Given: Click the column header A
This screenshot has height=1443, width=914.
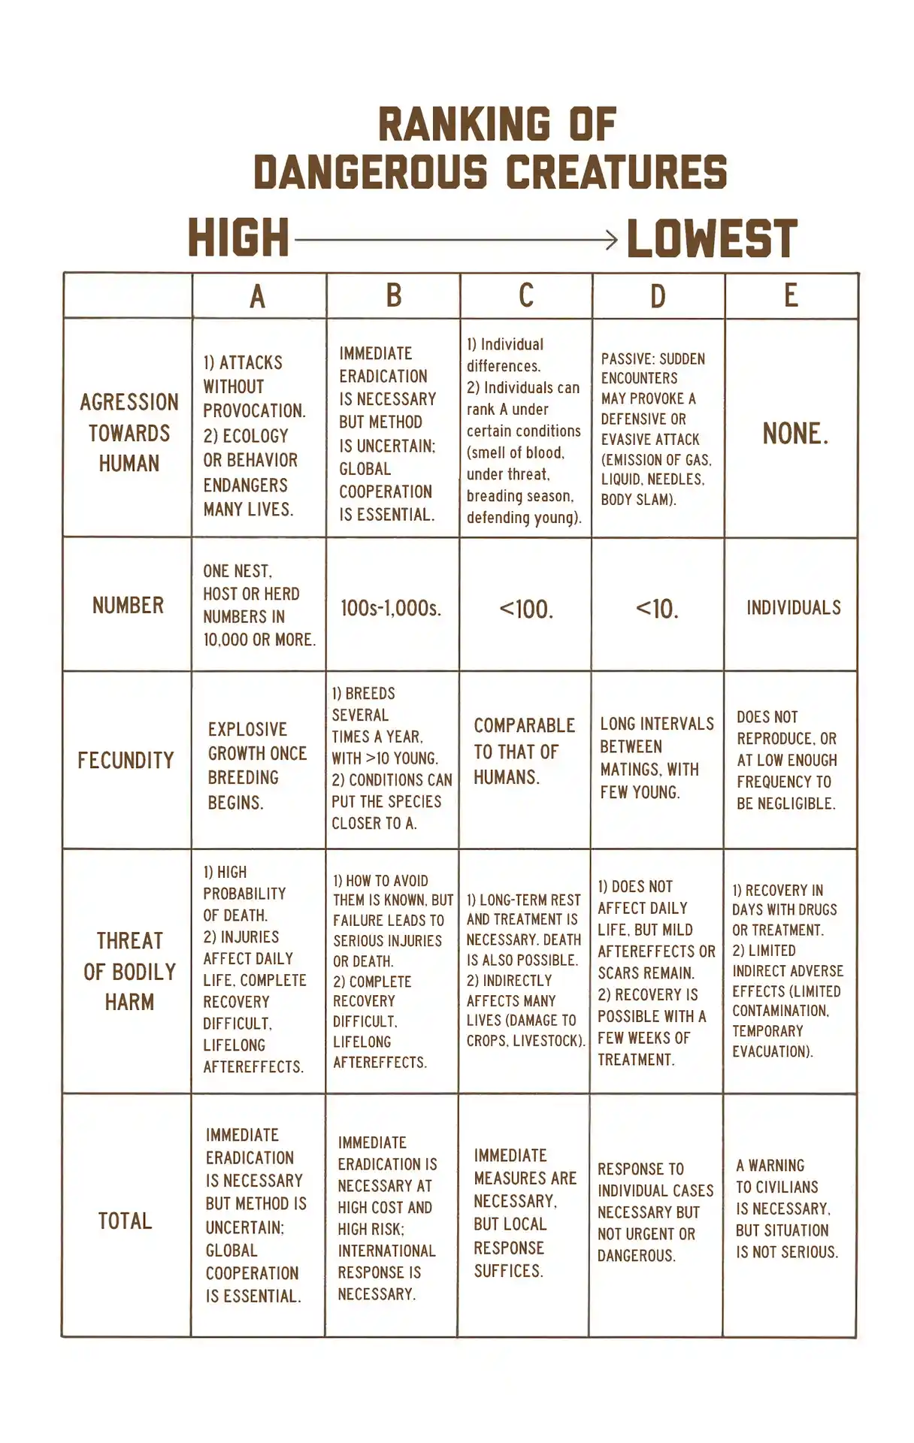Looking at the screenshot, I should [x=258, y=296].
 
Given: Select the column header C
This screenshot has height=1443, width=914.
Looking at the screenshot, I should [x=526, y=295].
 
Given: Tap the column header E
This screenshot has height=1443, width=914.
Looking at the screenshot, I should [x=791, y=295].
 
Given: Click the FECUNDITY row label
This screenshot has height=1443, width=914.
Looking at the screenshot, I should [x=126, y=761].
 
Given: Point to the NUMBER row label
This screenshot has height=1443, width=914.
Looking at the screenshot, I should [x=128, y=605].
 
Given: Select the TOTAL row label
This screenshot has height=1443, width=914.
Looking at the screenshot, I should [x=125, y=1221].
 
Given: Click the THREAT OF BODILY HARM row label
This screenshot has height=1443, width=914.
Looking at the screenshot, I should [x=129, y=971].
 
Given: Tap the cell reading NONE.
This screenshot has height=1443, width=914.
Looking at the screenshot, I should [x=795, y=434].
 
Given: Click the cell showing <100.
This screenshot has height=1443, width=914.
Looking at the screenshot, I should [x=526, y=609].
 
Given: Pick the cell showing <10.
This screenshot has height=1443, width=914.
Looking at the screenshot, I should [x=657, y=609].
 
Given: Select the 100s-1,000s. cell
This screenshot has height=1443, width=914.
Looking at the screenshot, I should [x=391, y=608].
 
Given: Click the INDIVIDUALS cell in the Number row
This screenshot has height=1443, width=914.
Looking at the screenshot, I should [x=794, y=607].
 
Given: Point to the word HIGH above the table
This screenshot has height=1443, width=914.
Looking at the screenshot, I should [x=238, y=238].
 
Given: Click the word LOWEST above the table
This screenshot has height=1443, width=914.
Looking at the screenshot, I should [x=711, y=239].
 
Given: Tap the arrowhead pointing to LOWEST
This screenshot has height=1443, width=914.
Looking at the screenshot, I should [x=612, y=240].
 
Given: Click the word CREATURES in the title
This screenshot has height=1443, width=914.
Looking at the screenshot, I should [x=616, y=172].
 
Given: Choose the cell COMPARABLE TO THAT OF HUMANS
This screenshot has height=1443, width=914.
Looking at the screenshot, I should [x=524, y=752].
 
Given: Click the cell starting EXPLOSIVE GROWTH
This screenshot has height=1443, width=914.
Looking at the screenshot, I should [x=257, y=765].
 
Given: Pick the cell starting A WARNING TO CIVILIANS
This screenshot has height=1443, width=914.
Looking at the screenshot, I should [x=786, y=1209].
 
